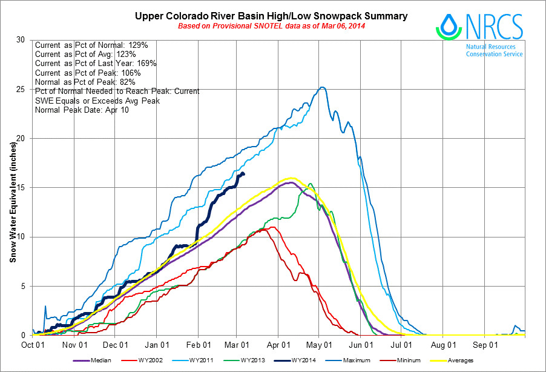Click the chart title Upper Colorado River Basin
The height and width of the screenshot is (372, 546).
pos(271,16)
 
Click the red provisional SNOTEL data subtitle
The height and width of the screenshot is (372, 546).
pos(271,26)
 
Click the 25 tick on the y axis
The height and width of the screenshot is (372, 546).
pos(23,89)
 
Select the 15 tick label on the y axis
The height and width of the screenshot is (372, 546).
pos(23,188)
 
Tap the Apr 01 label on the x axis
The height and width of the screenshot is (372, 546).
pos(278,345)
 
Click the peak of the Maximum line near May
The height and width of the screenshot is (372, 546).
pos(323,87)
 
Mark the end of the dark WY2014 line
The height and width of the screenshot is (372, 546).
pos(243,174)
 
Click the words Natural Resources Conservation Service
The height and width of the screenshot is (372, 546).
pos(494,50)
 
